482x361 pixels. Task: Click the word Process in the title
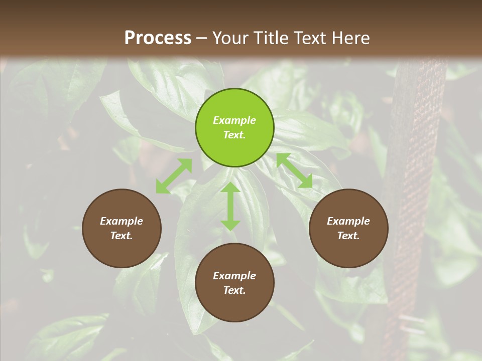point(158,38)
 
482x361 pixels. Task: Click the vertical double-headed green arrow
point(230,206)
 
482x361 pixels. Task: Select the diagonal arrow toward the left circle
point(174,176)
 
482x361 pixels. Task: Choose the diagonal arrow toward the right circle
point(294,171)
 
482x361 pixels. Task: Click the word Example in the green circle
point(234,120)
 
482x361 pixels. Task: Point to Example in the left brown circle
point(122,221)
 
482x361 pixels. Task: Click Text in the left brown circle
point(122,236)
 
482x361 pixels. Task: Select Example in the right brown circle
point(348,221)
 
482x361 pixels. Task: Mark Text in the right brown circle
point(348,236)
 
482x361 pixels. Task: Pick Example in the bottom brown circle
point(234,276)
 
